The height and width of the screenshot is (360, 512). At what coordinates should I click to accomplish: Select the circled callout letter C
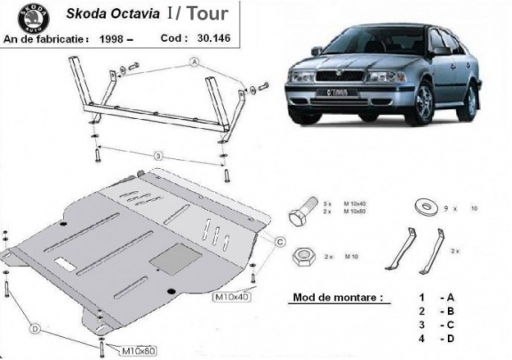278,241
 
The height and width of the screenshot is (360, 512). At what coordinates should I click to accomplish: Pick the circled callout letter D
36,330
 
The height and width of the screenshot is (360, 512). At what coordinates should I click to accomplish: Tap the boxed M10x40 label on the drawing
232,296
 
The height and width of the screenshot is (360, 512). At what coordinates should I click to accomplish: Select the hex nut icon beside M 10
302,255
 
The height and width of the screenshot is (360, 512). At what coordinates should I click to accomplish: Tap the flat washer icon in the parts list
421,207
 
